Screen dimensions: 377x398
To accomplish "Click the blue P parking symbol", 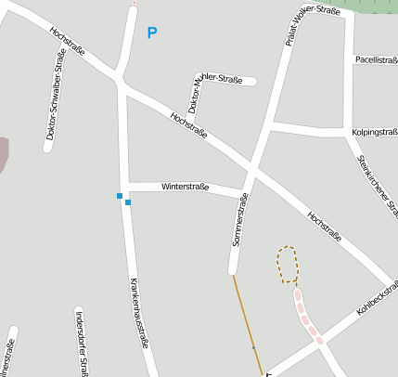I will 152,33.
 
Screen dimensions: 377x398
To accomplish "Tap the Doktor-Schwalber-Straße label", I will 54,101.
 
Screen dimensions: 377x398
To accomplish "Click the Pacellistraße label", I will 375,59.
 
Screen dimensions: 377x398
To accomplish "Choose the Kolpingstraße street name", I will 374,133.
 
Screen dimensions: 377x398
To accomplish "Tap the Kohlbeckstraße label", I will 375,295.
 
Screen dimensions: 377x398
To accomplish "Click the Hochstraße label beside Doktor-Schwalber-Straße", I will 70,42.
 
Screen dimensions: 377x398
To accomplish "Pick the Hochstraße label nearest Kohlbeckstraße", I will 324,227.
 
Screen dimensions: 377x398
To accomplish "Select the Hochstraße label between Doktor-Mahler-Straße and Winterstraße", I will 188,126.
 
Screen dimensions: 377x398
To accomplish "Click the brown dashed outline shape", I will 289,265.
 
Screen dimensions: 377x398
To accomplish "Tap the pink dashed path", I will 308,317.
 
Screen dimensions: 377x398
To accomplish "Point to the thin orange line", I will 247,325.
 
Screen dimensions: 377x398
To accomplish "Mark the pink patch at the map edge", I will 4,152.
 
